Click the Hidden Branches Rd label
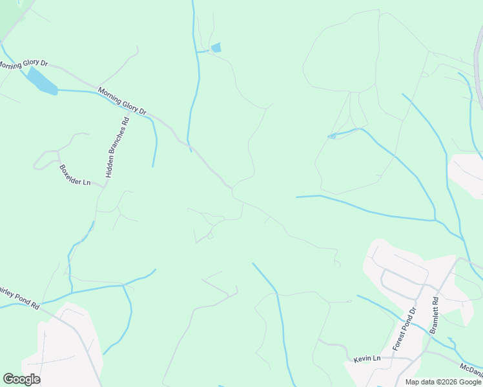tap(116, 148)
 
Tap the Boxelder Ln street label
tap(75, 175)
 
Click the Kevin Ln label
tap(367, 359)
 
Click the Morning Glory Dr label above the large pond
tap(23, 64)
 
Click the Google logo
tap(21, 379)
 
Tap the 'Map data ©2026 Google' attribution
tap(443, 382)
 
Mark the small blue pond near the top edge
tap(216, 47)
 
